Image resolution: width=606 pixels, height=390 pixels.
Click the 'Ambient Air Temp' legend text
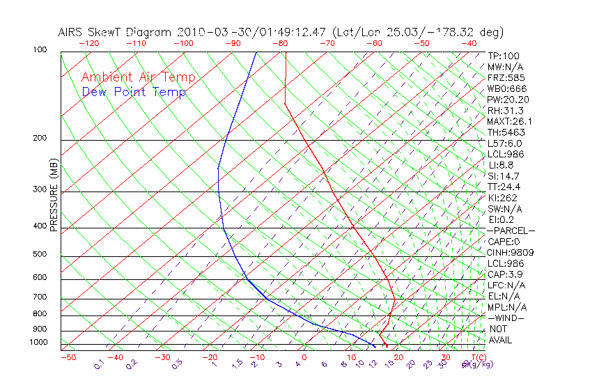click(x=138, y=77)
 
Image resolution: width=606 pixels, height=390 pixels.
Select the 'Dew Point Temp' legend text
click(x=134, y=93)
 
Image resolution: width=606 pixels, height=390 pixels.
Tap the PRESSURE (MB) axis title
click(x=54, y=194)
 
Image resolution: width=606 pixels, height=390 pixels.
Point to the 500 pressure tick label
click(x=40, y=255)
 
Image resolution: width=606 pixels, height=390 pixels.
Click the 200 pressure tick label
click(x=40, y=139)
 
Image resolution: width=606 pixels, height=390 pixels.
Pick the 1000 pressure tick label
click(x=38, y=343)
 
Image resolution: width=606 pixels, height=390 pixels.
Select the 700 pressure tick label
click(x=40, y=297)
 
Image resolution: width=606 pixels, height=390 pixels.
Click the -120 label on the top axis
click(x=89, y=43)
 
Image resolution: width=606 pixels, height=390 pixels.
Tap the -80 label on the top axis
click(x=281, y=43)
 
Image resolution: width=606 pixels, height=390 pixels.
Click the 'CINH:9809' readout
click(x=507, y=252)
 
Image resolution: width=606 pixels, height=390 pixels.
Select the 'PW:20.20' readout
click(x=507, y=100)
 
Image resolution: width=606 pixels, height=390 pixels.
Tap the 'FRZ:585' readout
click(x=506, y=78)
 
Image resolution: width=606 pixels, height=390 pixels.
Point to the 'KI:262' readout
click(x=503, y=198)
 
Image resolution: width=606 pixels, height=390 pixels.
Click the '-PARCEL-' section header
click(x=511, y=231)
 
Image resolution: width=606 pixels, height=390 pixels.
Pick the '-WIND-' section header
click(x=506, y=318)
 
